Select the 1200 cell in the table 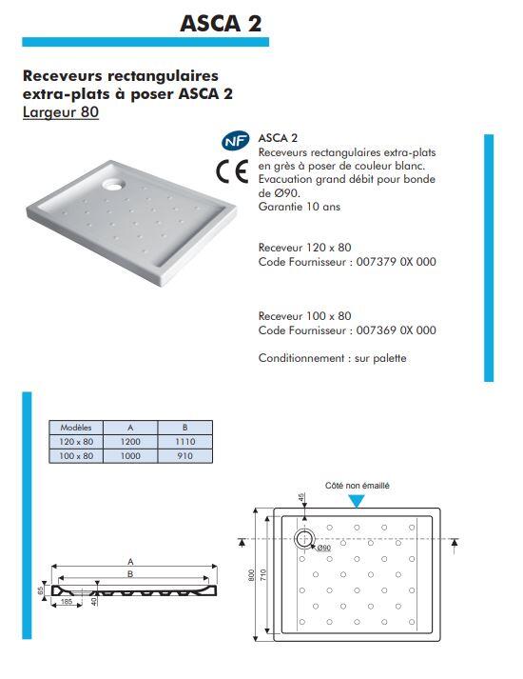click(x=130, y=442)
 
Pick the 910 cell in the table click(x=184, y=456)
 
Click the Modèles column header click(x=75, y=428)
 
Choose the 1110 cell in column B click(x=184, y=442)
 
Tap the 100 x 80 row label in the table click(x=75, y=456)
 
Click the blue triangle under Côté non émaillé click(x=357, y=501)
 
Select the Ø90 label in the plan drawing click(x=323, y=549)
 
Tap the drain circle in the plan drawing click(x=306, y=539)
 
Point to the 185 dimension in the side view click(x=68, y=602)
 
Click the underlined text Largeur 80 click(x=60, y=111)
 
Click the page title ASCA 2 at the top click(x=221, y=22)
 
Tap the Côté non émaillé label click(x=357, y=486)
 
